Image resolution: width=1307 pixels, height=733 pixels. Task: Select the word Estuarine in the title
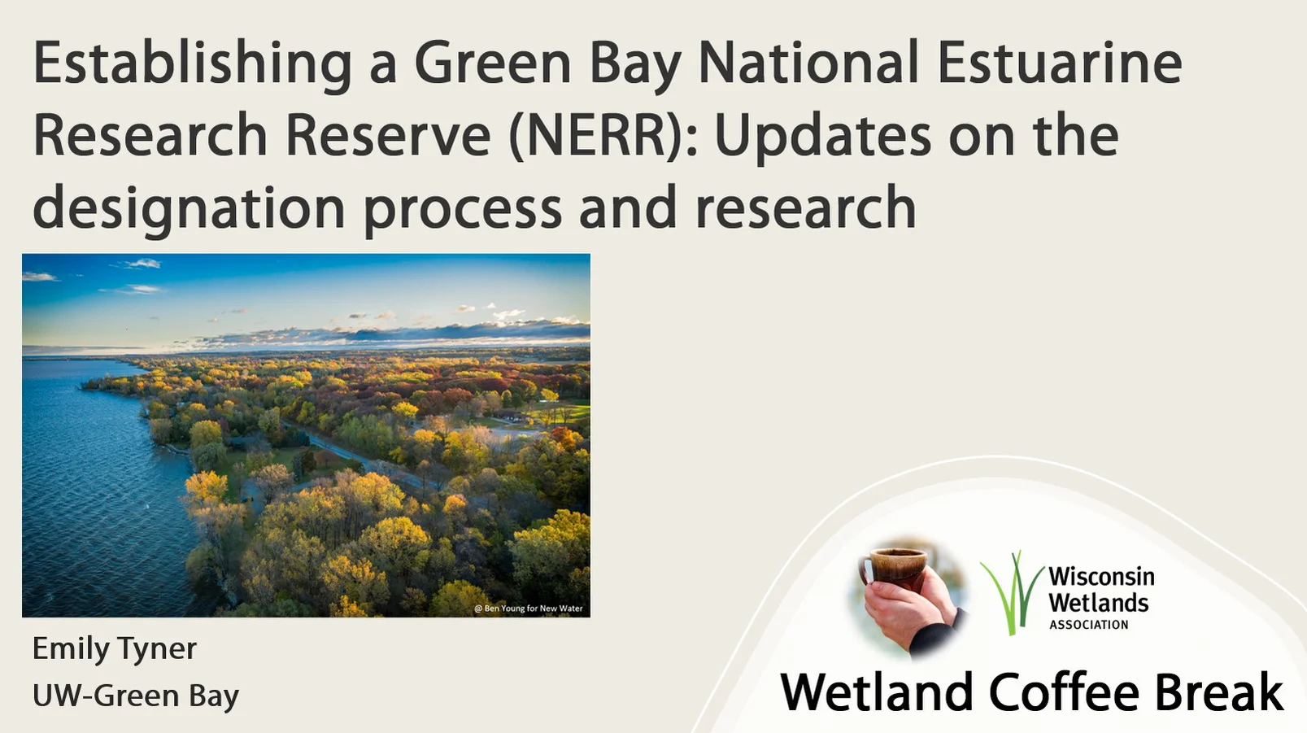tap(1059, 63)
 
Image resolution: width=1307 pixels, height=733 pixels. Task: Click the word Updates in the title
tap(822, 136)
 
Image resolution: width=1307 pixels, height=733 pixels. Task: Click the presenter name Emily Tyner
tap(115, 648)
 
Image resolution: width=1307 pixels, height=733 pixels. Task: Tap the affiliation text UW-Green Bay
tap(136, 696)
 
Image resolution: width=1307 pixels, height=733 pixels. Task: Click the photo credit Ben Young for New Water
tap(529, 609)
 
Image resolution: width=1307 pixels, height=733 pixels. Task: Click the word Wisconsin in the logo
tap(1100, 577)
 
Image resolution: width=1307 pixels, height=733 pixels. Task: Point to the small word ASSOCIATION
tap(1088, 625)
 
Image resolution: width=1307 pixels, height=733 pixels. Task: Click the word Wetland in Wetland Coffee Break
tap(877, 692)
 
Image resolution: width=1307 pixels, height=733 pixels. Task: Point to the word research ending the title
tap(805, 208)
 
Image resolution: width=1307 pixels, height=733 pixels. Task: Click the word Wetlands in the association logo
tap(1098, 603)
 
